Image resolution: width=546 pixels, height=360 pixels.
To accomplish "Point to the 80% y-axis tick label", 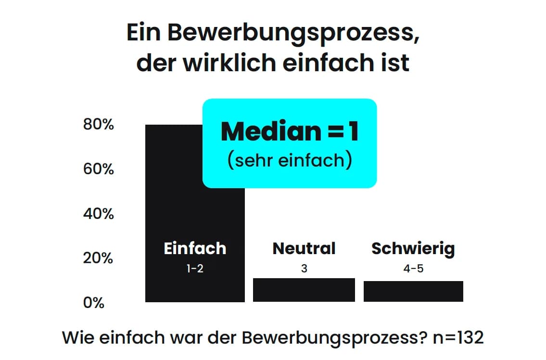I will click(98, 125).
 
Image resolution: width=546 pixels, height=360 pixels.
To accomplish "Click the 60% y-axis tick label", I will click(98, 169).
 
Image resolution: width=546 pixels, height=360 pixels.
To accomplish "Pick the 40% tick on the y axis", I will click(98, 214).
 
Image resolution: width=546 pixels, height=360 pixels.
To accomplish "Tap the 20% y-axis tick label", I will click(98, 258).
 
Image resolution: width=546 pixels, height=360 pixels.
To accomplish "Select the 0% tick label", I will click(94, 303).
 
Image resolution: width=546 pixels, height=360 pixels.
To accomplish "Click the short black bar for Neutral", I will click(304, 290).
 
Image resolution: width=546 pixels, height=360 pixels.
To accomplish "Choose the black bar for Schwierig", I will click(413, 292).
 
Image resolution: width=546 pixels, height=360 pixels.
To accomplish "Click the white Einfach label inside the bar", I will click(195, 249).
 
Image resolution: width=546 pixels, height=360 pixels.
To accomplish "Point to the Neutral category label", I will click(304, 249).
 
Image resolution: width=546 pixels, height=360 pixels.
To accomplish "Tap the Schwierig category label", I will click(413, 249).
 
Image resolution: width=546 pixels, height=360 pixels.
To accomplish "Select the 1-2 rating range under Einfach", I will click(195, 269).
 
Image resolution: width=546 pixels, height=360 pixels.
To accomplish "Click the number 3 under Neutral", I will click(304, 269).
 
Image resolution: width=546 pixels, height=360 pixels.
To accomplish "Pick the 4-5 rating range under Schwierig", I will click(413, 269).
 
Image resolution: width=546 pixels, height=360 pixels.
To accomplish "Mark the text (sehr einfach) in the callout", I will click(290, 160).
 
